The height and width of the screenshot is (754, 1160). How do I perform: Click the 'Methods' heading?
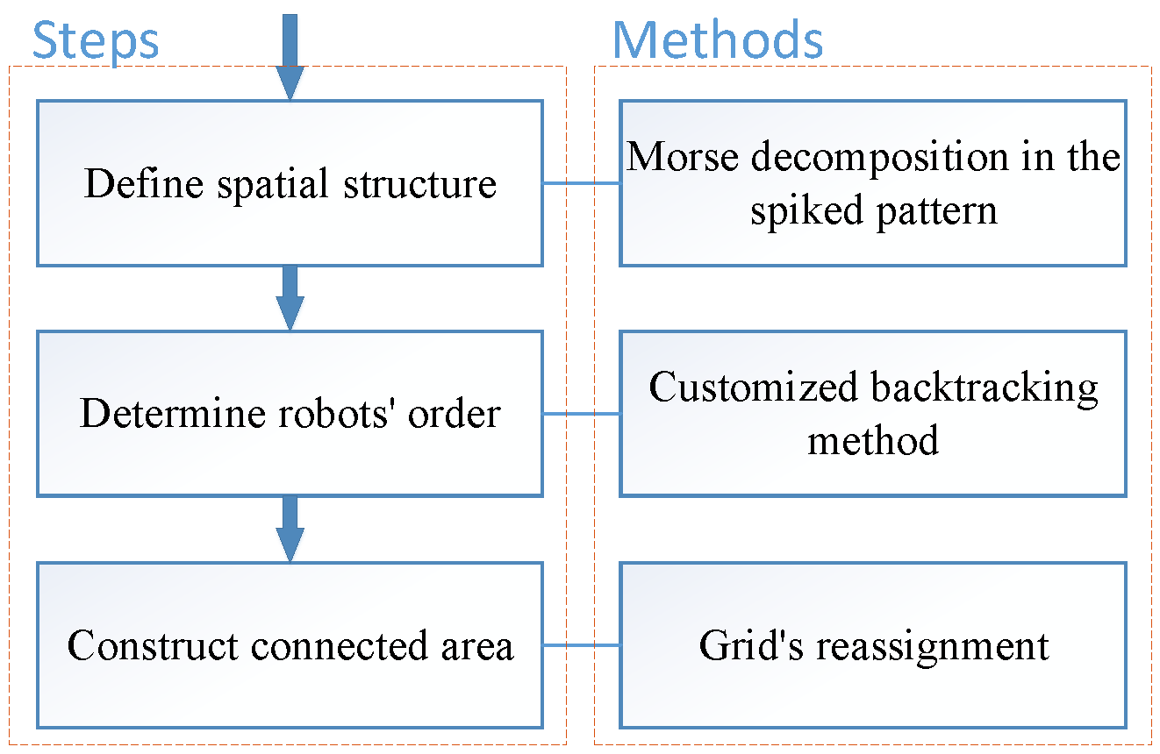pos(717,39)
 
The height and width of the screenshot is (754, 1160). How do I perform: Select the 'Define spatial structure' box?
pos(290,183)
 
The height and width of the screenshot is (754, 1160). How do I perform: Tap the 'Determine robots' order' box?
pos(290,414)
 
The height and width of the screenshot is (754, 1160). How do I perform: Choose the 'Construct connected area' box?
pos(290,645)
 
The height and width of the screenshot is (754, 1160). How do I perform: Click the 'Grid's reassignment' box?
pos(873,645)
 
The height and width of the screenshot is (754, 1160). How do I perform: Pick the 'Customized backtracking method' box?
pos(873,414)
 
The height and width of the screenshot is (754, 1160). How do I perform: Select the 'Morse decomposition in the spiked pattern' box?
pos(873,183)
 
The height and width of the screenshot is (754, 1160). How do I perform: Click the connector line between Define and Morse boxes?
pos(581,183)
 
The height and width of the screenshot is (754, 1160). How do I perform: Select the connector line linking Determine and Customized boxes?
pos(581,414)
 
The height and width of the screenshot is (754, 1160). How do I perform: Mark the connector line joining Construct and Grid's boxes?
pos(581,645)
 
